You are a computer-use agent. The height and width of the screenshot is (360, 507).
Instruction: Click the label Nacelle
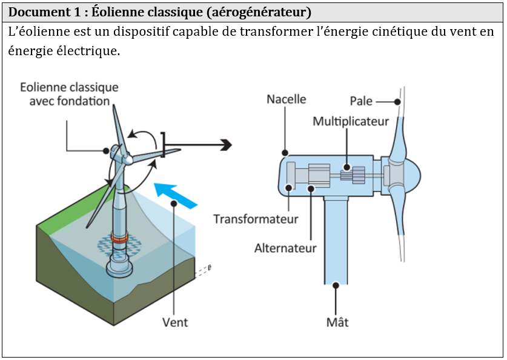pyautogui.click(x=287, y=99)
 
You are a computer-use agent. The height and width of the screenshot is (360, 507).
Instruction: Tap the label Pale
pyautogui.click(x=361, y=101)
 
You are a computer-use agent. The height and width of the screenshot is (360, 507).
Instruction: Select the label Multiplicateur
pyautogui.click(x=351, y=122)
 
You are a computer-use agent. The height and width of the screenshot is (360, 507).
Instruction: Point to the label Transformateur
pyautogui.click(x=256, y=219)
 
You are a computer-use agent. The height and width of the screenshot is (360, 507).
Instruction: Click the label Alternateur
pyautogui.click(x=285, y=248)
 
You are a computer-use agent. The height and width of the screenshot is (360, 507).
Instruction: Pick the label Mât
pyautogui.click(x=337, y=322)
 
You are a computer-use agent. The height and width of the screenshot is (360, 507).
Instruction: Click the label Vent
pyautogui.click(x=175, y=322)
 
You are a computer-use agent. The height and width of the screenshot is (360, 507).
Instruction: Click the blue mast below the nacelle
pyautogui.click(x=336, y=242)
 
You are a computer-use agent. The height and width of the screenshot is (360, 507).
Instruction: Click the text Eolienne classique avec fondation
pyautogui.click(x=69, y=94)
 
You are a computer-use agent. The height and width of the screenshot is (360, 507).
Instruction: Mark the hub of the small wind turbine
pyautogui.click(x=128, y=158)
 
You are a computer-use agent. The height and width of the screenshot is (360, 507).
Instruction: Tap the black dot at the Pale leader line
pyautogui.click(x=399, y=101)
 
